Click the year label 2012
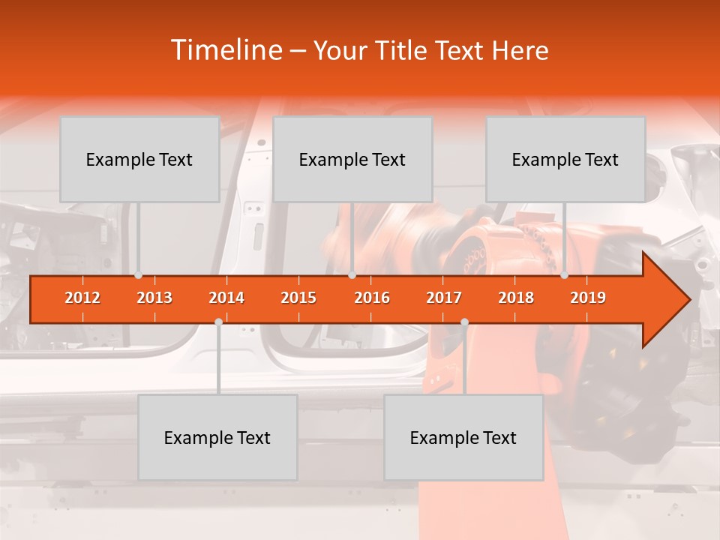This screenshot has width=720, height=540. tap(82, 298)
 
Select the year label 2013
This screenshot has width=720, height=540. tap(154, 298)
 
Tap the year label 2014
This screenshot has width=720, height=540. tap(226, 298)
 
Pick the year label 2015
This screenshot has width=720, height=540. tap(298, 298)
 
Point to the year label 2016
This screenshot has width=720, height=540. tap(372, 298)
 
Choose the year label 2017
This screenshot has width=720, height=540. tap(444, 298)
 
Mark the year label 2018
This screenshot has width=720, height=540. tap(516, 298)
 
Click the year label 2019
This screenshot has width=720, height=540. tap(588, 298)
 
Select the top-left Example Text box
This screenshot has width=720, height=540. tap(139, 159)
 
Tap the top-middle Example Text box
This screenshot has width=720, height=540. tap(352, 159)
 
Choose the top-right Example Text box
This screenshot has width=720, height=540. tap(565, 159)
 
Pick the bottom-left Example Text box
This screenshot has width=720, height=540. tap(217, 437)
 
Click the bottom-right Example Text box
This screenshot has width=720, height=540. tap(463, 437)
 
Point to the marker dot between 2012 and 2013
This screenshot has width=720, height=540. tap(139, 275)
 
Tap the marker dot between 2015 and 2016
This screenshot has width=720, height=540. tap(352, 275)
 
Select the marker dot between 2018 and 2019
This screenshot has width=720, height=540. tap(565, 275)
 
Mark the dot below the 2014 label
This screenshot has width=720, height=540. tap(218, 322)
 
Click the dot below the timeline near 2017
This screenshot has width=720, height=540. tap(464, 322)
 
